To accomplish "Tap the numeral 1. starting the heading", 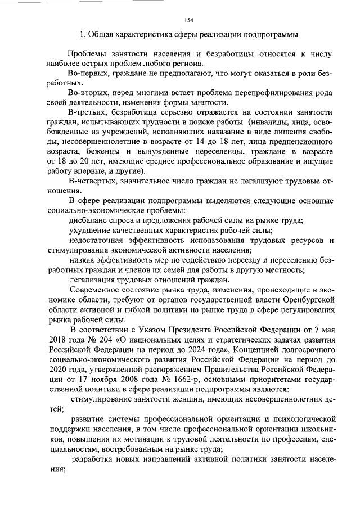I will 83,34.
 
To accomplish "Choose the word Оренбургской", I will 304,300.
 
